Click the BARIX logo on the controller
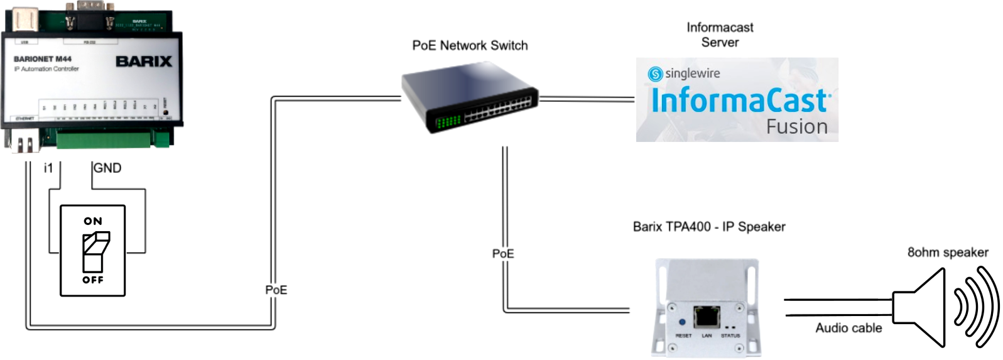coord(144,62)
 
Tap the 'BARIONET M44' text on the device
coord(43,59)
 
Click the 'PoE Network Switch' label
coord(470,46)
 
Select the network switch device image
coord(470,97)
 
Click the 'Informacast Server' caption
coord(720,35)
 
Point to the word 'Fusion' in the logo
coord(796,127)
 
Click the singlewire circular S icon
coord(655,74)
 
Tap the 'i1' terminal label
coord(48,168)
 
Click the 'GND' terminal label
coord(107,168)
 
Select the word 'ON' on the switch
coord(93,221)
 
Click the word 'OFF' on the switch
coord(93,280)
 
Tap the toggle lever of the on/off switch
coord(95,251)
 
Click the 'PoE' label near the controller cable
coord(276,290)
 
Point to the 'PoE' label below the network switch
coord(503,254)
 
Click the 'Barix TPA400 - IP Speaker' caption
coord(709,227)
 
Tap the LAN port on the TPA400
coord(707,317)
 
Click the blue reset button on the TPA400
coord(682,322)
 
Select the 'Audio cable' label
coord(848,328)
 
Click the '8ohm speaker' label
coord(948,253)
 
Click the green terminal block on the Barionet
coord(113,139)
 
